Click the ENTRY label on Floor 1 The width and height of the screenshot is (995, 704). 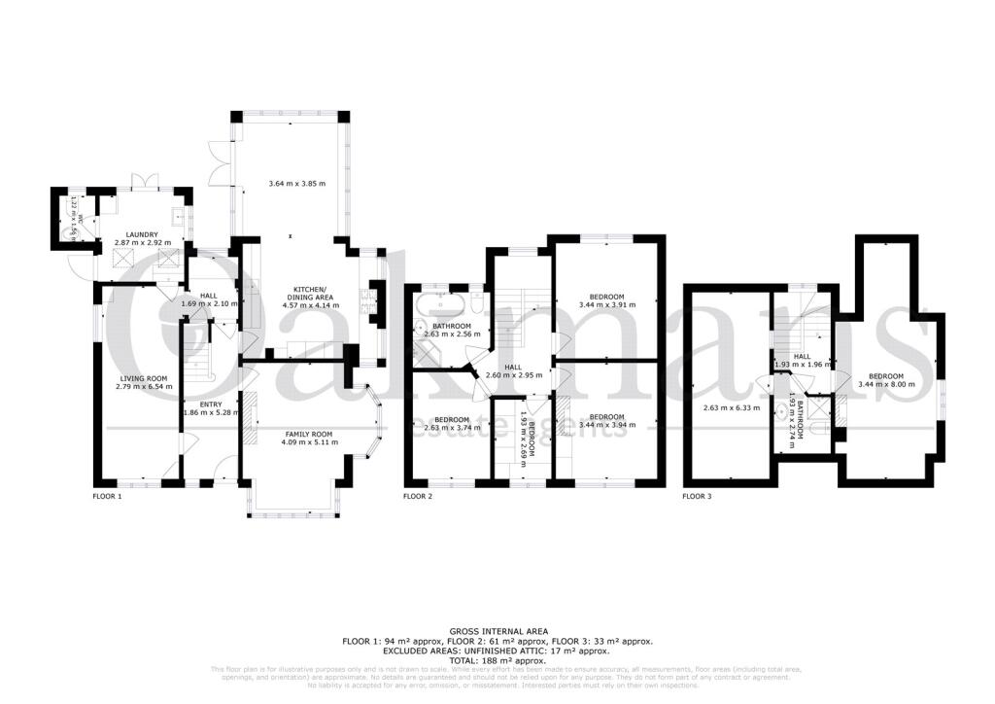(x=211, y=404)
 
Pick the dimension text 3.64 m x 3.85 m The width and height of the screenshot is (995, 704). (x=296, y=184)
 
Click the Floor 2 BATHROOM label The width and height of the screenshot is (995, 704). (x=452, y=326)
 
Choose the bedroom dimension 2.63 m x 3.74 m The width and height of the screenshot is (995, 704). (x=452, y=425)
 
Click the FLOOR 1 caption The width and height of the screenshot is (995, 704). (x=106, y=496)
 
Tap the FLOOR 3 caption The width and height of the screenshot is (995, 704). (x=697, y=496)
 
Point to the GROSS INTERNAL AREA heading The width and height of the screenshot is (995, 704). (x=497, y=631)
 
